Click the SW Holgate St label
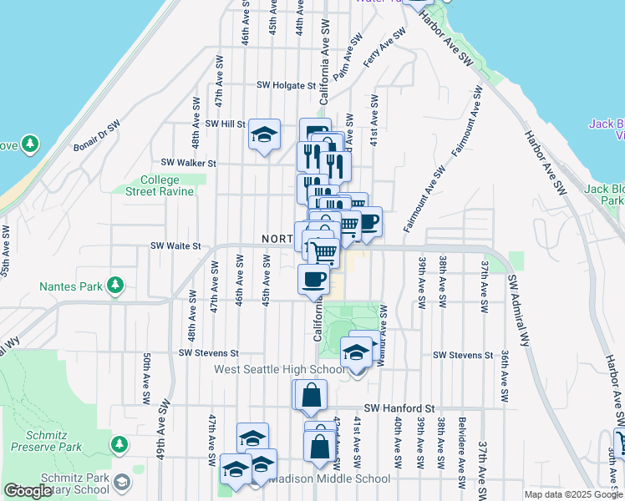coord(286,85)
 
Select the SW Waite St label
coord(176,246)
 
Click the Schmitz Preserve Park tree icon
coord(119,442)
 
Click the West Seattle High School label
coord(279,369)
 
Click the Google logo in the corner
coord(28,491)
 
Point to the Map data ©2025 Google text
coord(573,494)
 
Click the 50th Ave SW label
coord(145,378)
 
